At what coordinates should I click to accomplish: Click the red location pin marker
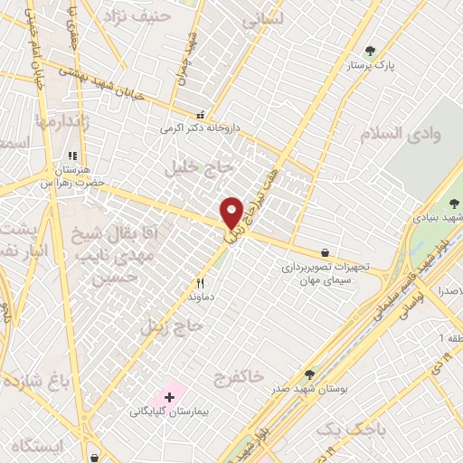tap(231, 212)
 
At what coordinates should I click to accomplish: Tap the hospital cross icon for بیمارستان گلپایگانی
tap(169, 397)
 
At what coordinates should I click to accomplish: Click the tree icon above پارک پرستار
tap(369, 52)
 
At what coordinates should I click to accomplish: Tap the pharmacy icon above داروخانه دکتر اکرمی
tap(200, 116)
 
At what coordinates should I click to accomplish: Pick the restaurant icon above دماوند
tap(189, 282)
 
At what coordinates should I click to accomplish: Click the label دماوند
tap(198, 296)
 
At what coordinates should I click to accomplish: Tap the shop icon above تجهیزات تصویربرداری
tap(325, 253)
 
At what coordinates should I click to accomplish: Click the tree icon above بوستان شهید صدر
tap(309, 373)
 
